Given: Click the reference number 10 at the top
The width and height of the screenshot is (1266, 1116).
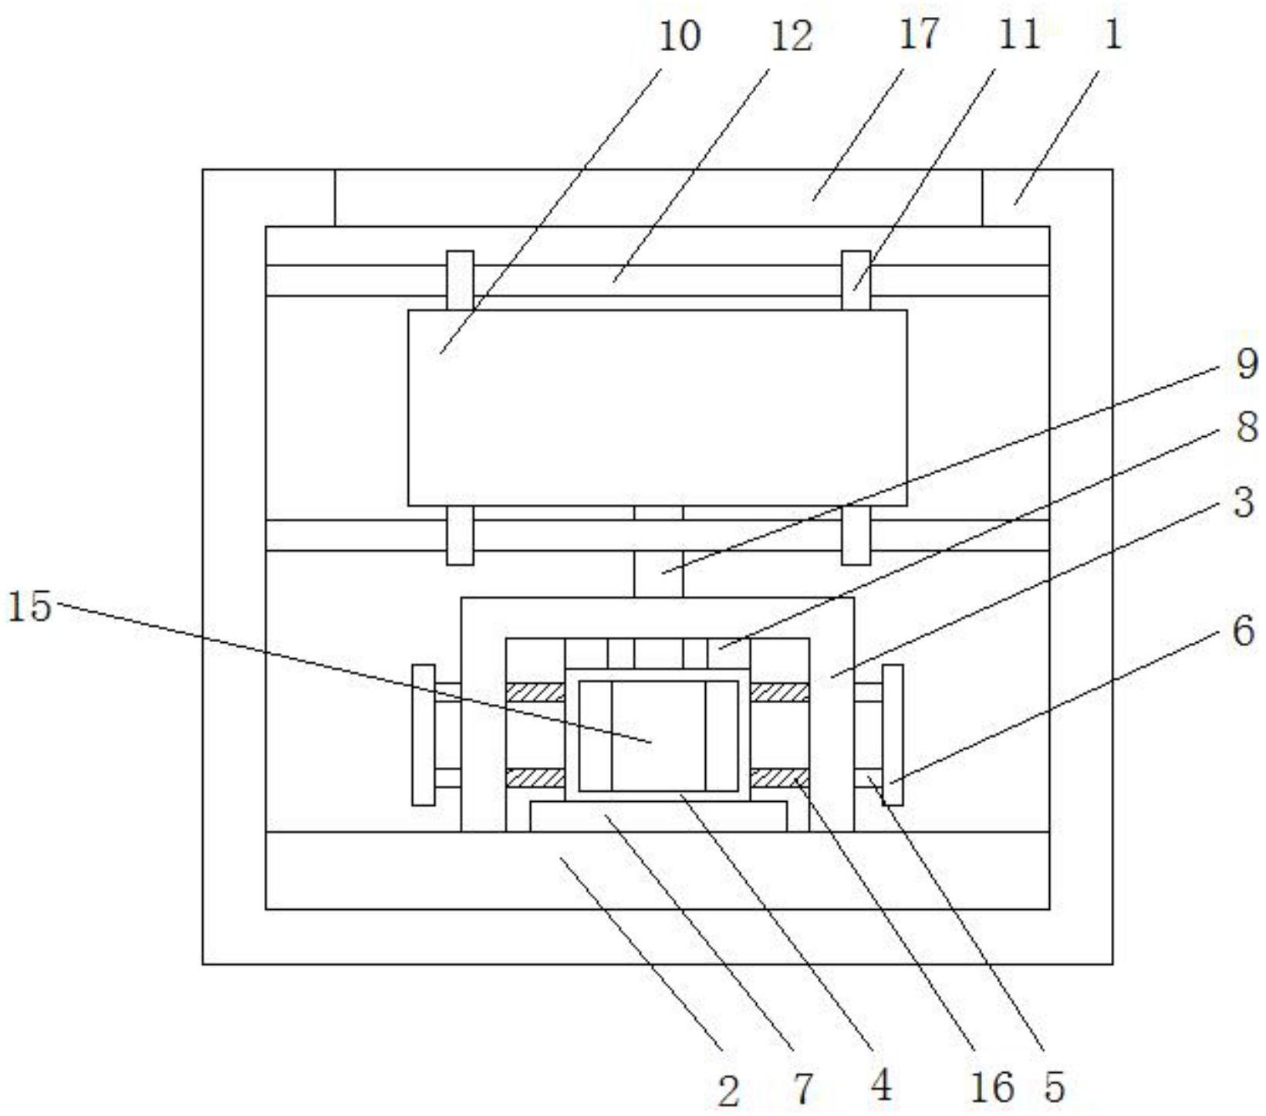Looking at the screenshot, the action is pyautogui.click(x=679, y=36).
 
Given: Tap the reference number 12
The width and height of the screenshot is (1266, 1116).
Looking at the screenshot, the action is pyautogui.click(x=791, y=36).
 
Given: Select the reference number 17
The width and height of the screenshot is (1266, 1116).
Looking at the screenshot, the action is pyautogui.click(x=918, y=35).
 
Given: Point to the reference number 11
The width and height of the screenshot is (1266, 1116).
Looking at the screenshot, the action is pyautogui.click(x=1018, y=35).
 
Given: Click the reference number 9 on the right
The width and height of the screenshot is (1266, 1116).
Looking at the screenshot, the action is pyautogui.click(x=1246, y=363).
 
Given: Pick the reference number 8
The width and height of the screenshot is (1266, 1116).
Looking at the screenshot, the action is pyautogui.click(x=1246, y=427).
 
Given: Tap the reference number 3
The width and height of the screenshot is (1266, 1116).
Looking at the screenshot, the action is pyautogui.click(x=1244, y=502).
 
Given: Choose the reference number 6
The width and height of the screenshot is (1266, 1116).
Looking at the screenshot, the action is pyautogui.click(x=1244, y=631).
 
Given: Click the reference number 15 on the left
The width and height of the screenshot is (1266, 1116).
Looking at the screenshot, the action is pyautogui.click(x=29, y=607).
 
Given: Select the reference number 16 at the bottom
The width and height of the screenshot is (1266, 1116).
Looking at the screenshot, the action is pyautogui.click(x=991, y=1088).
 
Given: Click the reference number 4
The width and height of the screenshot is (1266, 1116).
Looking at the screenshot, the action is pyautogui.click(x=880, y=1086).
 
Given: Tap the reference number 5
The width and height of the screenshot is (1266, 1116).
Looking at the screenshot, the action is pyautogui.click(x=1055, y=1087).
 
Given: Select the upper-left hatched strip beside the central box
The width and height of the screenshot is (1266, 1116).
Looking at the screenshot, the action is pyautogui.click(x=535, y=692).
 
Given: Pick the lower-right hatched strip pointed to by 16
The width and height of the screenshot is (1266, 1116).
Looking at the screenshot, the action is pyautogui.click(x=779, y=778).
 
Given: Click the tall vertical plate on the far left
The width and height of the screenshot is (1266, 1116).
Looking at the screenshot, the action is pyautogui.click(x=423, y=735).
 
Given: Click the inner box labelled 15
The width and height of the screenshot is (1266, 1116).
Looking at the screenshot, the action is pyautogui.click(x=658, y=736).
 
